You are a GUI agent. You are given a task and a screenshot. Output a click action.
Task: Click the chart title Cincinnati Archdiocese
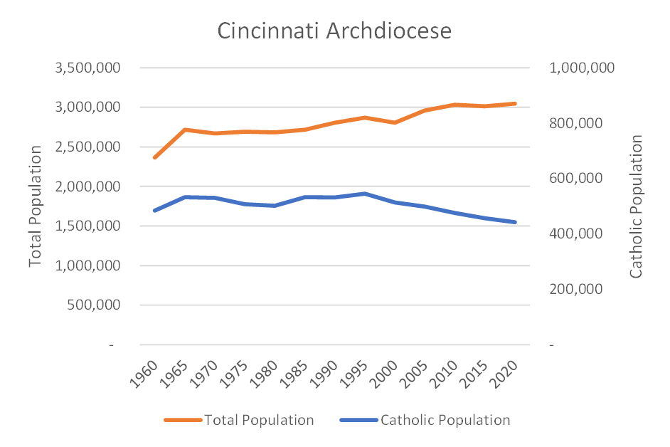[334, 32]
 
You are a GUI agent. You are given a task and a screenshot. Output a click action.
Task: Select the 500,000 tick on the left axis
[92, 305]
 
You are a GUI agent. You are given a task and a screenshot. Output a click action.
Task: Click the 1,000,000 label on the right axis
[583, 68]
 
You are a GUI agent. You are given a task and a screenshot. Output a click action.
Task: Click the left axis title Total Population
[36, 206]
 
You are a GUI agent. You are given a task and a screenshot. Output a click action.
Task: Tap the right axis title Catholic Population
[637, 206]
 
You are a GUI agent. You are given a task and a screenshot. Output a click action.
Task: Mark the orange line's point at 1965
[185, 130]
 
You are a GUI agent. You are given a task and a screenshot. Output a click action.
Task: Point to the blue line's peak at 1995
[365, 194]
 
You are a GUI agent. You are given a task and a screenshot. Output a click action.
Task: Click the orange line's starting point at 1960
[154, 157]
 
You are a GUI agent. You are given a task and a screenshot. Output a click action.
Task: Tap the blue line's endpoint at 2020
[515, 222]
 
